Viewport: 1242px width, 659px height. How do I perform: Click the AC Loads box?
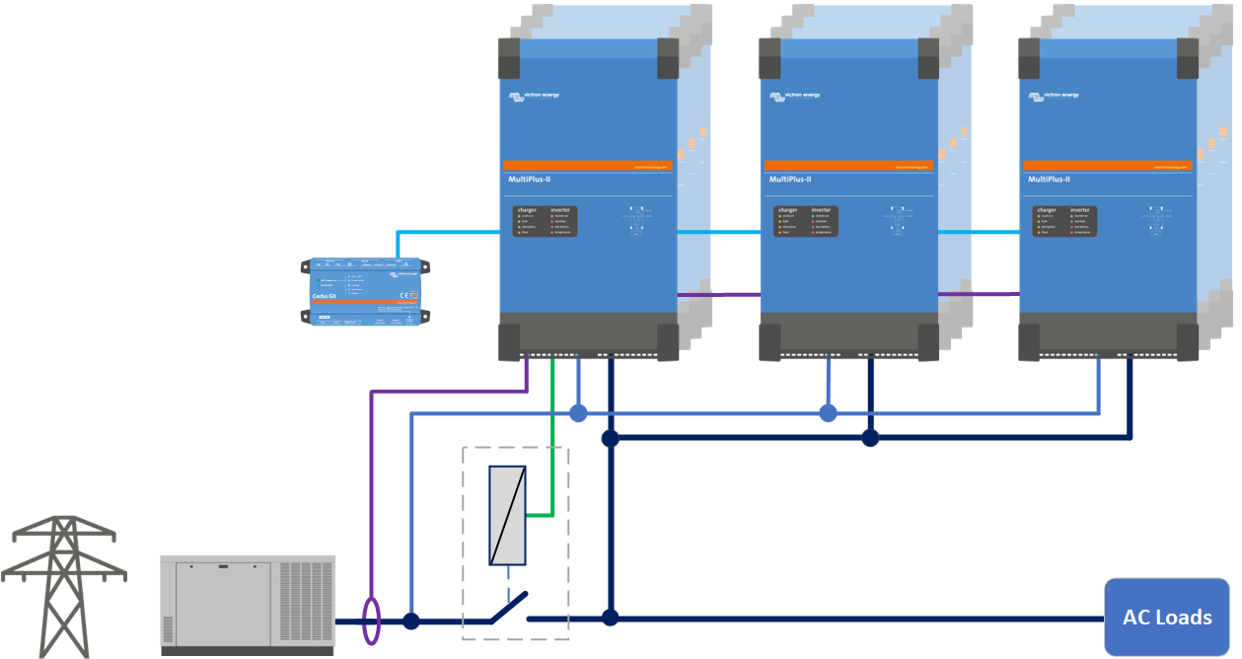coord(1167,618)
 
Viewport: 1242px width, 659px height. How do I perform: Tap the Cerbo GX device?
coord(365,291)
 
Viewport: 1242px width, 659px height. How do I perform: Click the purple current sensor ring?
coord(371,622)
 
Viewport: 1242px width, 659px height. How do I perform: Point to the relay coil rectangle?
coord(507,515)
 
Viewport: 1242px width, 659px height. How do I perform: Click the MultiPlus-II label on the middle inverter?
coord(790,180)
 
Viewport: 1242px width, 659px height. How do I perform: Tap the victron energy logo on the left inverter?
coord(533,96)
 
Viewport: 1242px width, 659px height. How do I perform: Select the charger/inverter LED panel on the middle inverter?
coord(806,221)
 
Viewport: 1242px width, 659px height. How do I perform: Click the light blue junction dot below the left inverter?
coord(578,412)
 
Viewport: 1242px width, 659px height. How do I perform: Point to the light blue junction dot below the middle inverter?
coord(828,412)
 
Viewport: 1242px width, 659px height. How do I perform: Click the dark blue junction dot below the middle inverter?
coord(870,437)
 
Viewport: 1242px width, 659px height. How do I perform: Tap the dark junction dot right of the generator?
coord(411,621)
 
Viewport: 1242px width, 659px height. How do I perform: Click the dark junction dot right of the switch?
coord(611,618)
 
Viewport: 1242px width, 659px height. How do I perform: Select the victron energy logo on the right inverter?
coord(1054,96)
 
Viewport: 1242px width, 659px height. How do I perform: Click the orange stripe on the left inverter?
coord(588,166)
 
